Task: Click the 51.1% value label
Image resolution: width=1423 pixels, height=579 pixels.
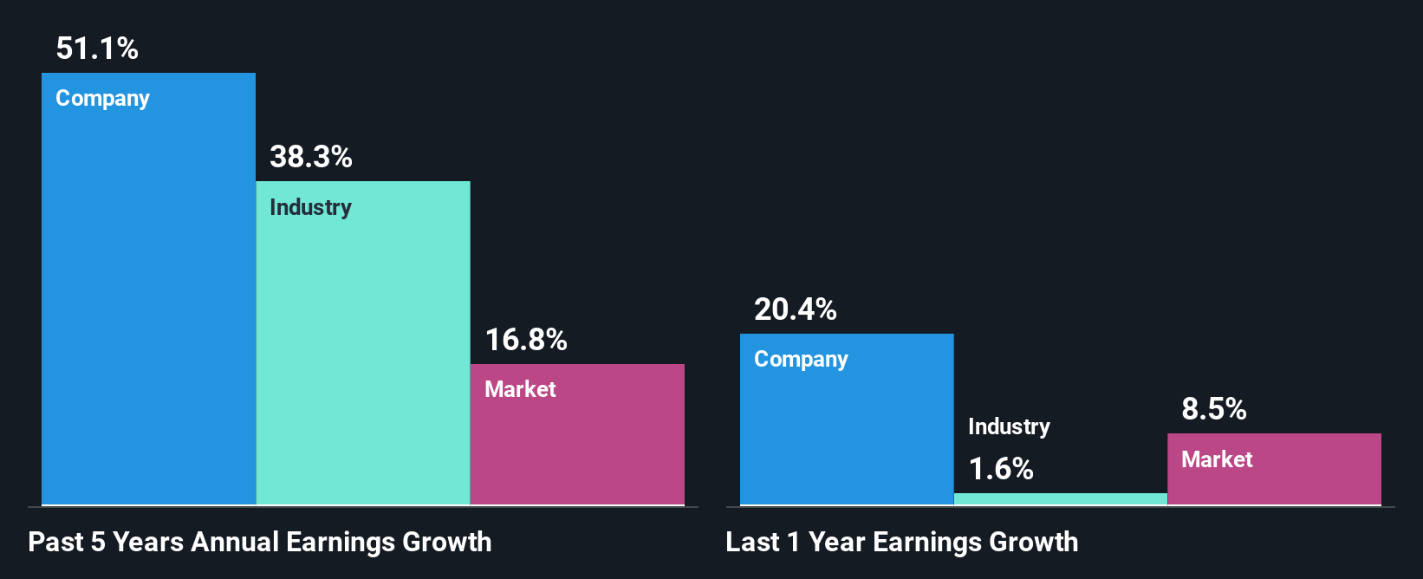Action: tap(97, 49)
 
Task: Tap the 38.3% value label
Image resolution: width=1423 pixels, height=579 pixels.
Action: tap(310, 157)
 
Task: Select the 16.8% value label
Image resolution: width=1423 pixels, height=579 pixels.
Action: tap(525, 340)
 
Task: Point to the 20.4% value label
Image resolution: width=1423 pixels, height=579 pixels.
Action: tap(795, 309)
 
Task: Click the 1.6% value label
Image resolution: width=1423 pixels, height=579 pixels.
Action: tap(1000, 469)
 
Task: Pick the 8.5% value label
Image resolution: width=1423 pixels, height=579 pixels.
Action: tap(1213, 409)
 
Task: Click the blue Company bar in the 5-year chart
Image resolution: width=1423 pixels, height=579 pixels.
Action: tap(148, 303)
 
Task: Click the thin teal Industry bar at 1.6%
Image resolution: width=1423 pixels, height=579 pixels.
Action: tap(1060, 499)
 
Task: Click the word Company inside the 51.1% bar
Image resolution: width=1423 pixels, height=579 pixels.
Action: tap(102, 99)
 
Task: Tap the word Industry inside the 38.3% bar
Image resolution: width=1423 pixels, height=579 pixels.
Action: tap(310, 208)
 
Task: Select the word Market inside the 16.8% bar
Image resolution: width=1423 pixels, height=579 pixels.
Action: tap(520, 389)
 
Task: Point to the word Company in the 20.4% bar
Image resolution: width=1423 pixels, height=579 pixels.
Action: tap(801, 360)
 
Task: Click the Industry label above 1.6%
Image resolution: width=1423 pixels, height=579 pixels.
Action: tap(1009, 426)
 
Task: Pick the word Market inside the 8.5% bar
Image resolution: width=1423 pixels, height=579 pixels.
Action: tap(1217, 459)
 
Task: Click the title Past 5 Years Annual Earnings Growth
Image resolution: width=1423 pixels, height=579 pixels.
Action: tap(259, 543)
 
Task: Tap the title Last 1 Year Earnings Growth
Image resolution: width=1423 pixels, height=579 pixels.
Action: tap(901, 543)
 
